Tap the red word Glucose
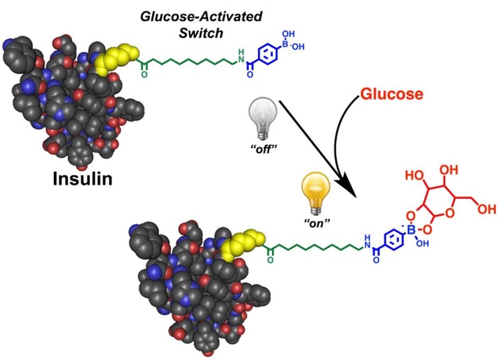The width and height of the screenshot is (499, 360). [391, 94]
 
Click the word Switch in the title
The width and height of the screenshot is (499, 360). [201, 33]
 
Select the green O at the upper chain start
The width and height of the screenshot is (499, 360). [144, 75]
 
